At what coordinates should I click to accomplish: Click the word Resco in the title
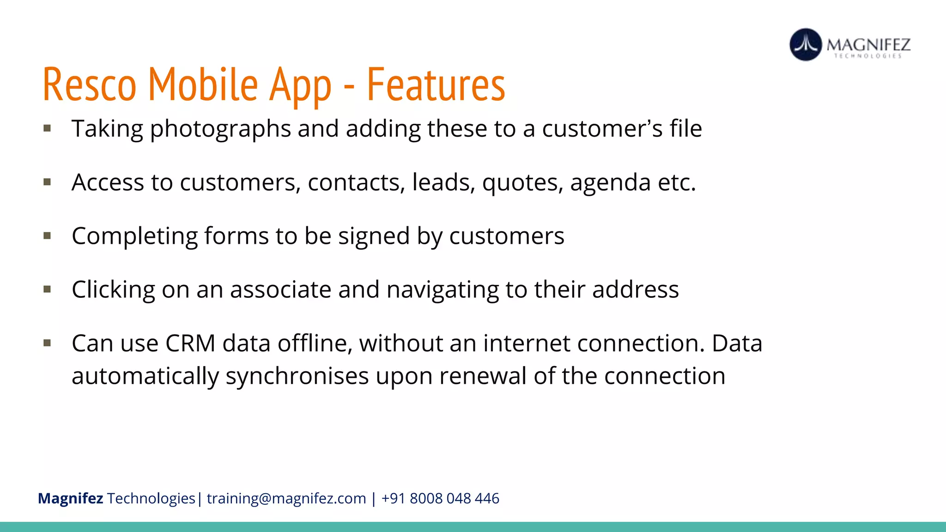pyautogui.click(x=90, y=85)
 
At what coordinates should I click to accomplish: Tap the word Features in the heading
pyautogui.click(x=436, y=85)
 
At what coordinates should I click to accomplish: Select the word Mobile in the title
pyautogui.click(x=203, y=85)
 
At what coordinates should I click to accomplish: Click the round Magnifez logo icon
pyautogui.click(x=806, y=45)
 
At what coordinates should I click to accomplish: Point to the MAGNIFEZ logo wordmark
pyautogui.click(x=868, y=45)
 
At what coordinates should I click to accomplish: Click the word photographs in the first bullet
pyautogui.click(x=220, y=129)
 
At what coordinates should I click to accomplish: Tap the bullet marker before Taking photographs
pyautogui.click(x=47, y=128)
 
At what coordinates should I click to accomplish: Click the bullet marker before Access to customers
pyautogui.click(x=47, y=182)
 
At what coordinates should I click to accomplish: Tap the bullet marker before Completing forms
pyautogui.click(x=47, y=236)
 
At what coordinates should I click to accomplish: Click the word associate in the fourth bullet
pyautogui.click(x=280, y=290)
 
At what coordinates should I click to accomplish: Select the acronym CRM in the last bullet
pyautogui.click(x=190, y=344)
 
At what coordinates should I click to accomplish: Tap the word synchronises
pyautogui.click(x=297, y=376)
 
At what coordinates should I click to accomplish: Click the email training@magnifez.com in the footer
pyautogui.click(x=286, y=499)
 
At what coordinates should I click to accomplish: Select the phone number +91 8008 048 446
pyautogui.click(x=440, y=499)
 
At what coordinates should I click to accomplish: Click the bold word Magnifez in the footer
pyautogui.click(x=70, y=499)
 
